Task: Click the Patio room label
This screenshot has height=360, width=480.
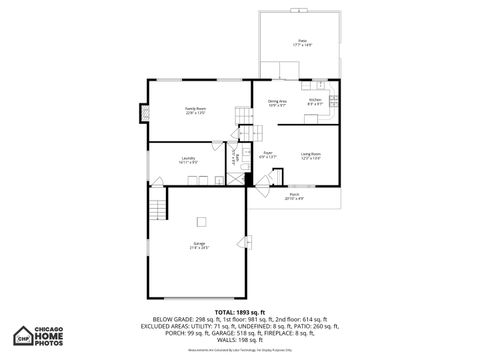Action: [302, 42]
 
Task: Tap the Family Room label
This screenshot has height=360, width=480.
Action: [195, 110]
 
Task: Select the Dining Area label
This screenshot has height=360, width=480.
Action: [277, 103]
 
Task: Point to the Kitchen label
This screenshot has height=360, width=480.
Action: [315, 101]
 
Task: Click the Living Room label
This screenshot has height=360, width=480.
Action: [310, 155]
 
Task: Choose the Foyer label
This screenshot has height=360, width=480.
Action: [268, 155]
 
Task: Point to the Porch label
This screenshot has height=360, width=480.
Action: [293, 197]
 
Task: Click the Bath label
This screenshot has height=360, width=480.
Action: [236, 159]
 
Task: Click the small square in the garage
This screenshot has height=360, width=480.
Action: [200, 221]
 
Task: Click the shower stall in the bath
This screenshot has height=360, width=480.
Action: [236, 178]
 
